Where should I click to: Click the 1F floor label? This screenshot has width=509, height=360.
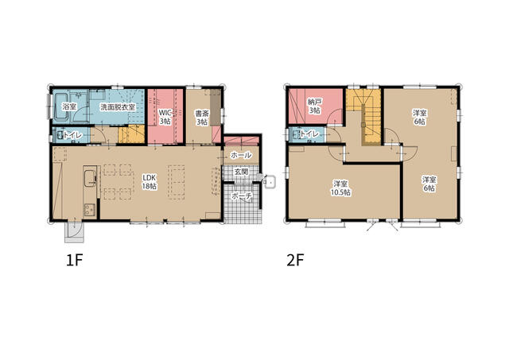(74, 260)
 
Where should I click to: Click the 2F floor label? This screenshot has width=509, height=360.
(295, 260)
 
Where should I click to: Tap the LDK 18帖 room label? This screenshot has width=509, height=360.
(150, 182)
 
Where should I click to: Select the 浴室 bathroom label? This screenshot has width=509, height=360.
(68, 106)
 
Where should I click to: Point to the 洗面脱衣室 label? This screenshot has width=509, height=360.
(118, 107)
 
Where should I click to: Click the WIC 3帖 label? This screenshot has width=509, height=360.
(165, 117)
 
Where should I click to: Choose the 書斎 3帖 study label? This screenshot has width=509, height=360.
(201, 118)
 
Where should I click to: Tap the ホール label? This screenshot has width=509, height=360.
(241, 155)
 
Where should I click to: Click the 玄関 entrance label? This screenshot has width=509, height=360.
(242, 171)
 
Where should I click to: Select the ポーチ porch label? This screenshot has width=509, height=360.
(242, 196)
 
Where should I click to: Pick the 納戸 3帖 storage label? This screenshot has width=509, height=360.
(315, 106)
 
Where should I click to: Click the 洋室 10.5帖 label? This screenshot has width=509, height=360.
(340, 188)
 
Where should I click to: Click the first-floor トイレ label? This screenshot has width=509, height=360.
(72, 135)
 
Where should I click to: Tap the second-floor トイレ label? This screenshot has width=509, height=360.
(309, 134)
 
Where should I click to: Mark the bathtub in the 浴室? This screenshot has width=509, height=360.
(60, 107)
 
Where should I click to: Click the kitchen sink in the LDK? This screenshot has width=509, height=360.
(90, 178)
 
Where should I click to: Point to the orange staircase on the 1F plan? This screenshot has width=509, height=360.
(131, 134)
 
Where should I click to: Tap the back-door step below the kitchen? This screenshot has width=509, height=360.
(74, 232)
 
